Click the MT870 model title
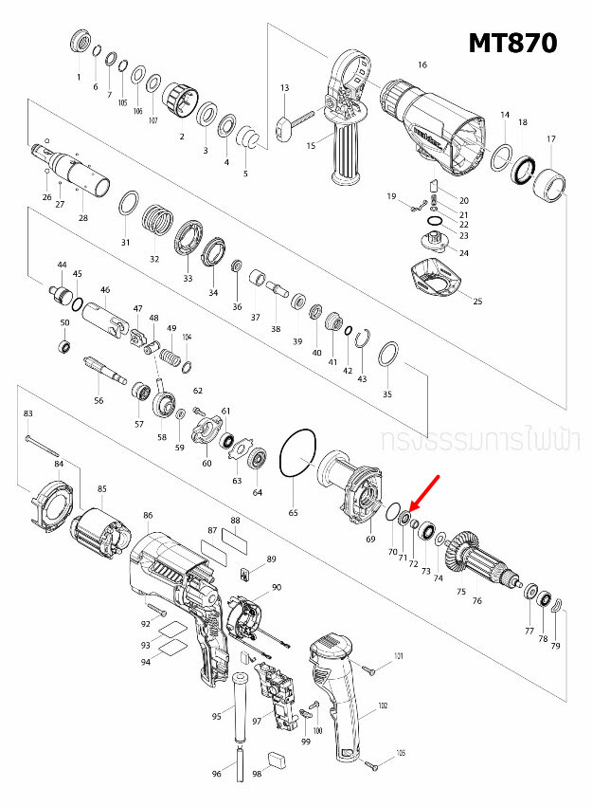512,43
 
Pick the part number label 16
422,65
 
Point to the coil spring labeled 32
158,225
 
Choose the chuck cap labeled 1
81,44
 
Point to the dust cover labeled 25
440,280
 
